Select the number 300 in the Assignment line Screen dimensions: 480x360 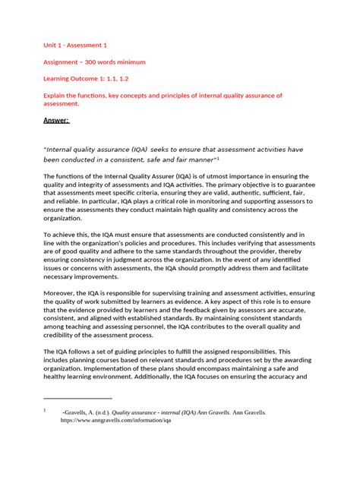tap(106, 62)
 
